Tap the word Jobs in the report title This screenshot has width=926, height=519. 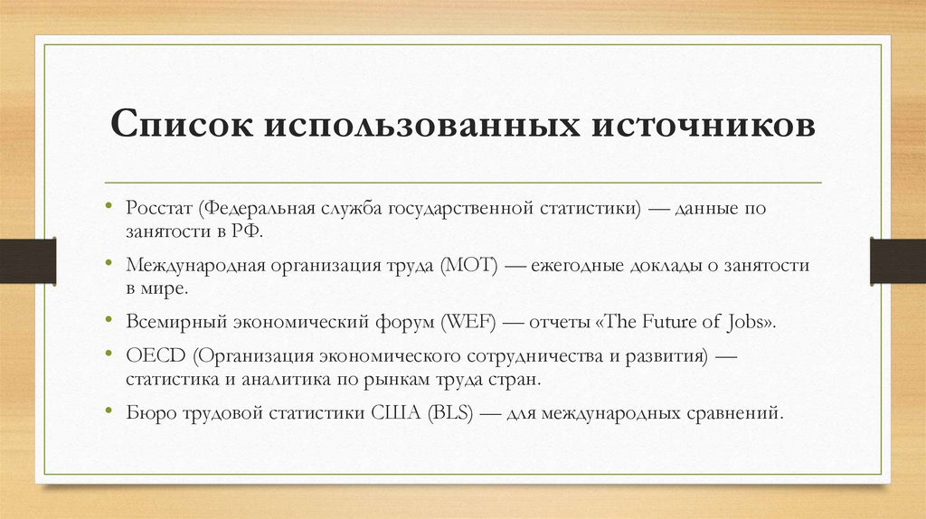pos(750,323)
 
